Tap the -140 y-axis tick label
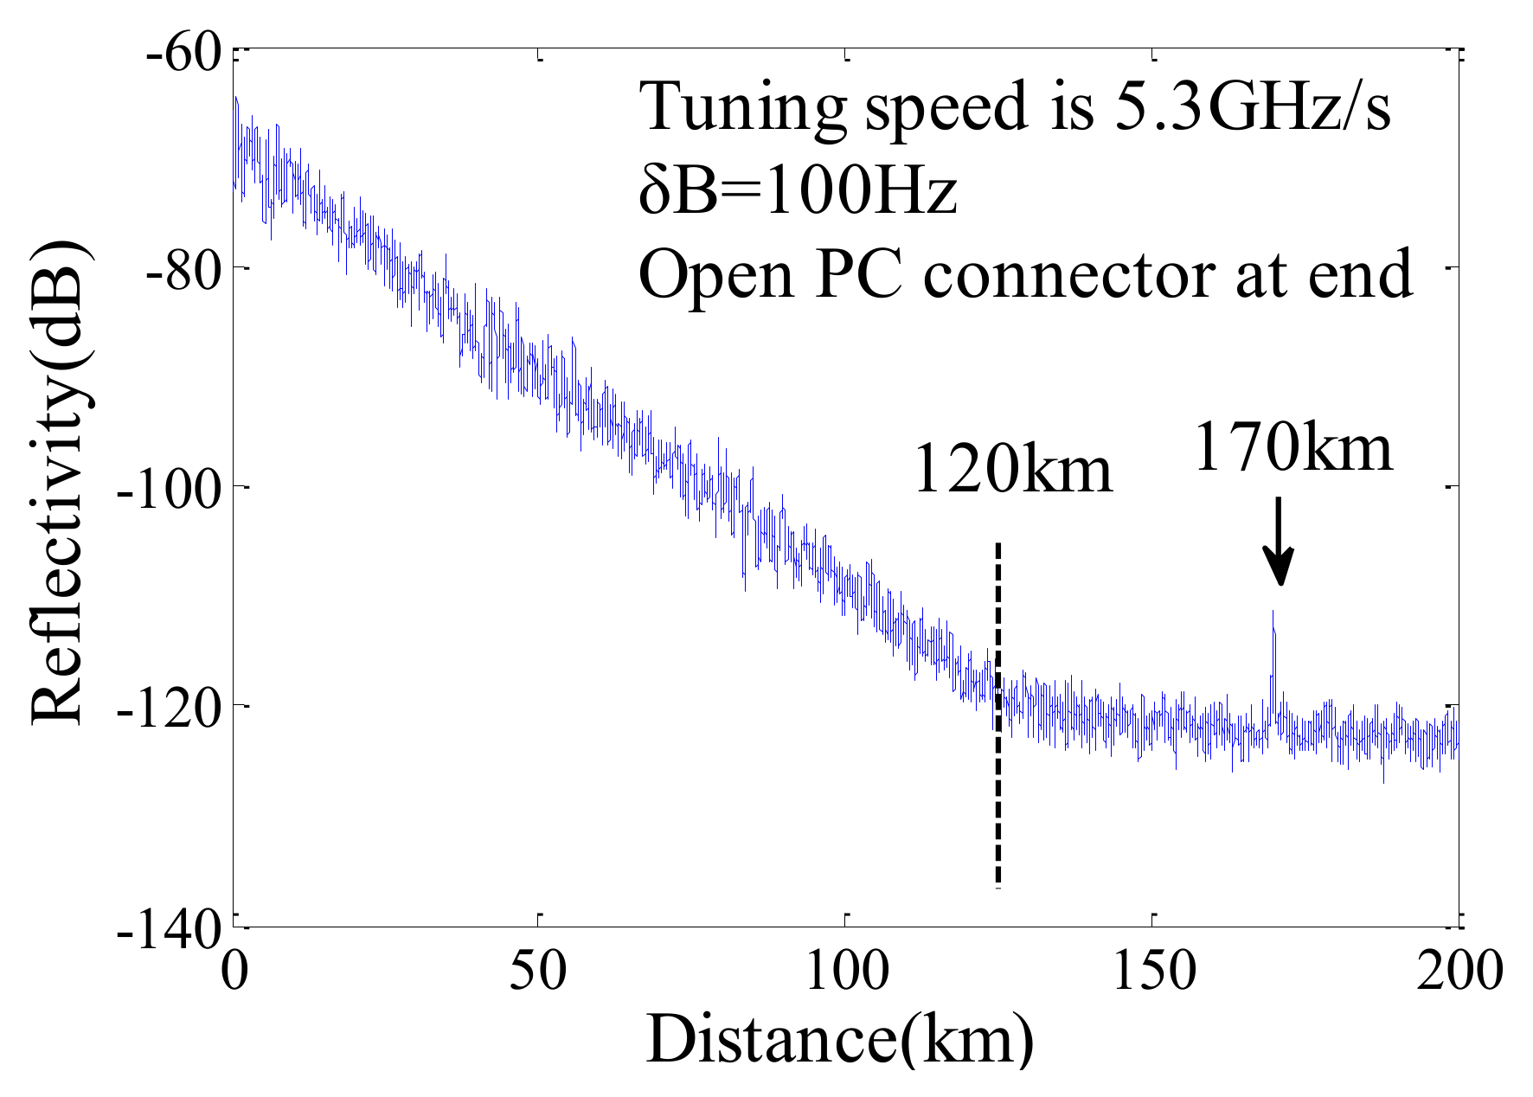point(170,933)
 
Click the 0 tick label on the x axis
point(234,970)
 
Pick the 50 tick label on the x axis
point(538,970)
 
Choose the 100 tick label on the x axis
point(846,970)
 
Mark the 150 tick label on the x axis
point(1153,970)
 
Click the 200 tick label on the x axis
point(1459,970)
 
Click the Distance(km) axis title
point(839,1040)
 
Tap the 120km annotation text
point(1012,470)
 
